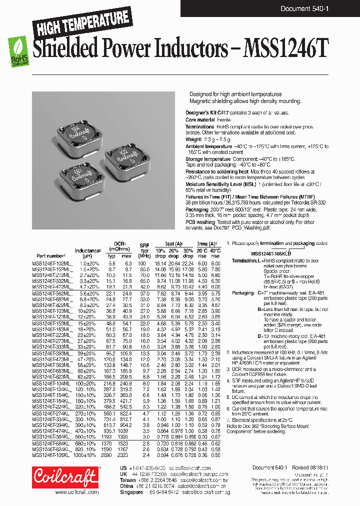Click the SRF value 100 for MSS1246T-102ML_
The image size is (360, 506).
(144, 263)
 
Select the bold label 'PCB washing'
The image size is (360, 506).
(199, 222)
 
